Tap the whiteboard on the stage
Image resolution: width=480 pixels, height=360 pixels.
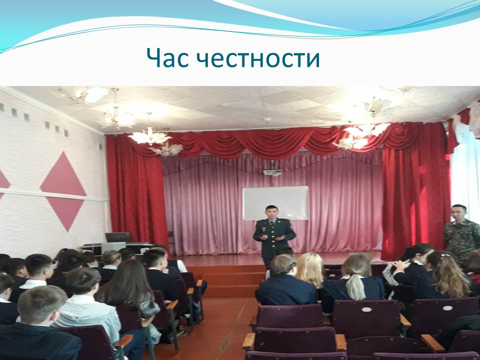(275, 203)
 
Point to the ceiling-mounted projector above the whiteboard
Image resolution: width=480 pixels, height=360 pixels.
(272, 171)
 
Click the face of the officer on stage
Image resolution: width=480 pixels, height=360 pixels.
(271, 213)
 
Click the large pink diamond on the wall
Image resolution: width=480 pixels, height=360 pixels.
(63, 191)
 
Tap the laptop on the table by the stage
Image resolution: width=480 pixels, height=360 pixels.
(118, 237)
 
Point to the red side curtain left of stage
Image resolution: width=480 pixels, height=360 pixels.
(137, 190)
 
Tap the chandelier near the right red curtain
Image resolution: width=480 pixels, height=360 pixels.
(361, 134)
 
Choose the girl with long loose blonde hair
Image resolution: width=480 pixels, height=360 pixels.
(310, 270)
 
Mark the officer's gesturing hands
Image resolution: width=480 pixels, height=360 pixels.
(272, 237)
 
